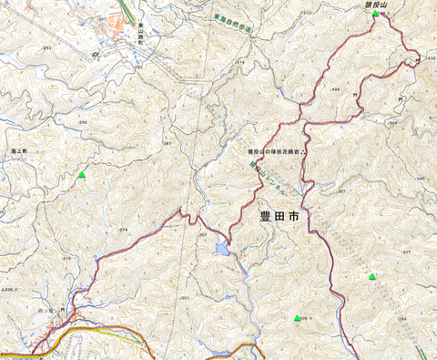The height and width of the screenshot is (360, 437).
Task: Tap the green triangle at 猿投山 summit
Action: (x=376, y=13)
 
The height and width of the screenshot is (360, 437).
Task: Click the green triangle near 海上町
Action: (x=82, y=174)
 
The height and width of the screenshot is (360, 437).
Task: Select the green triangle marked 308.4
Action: (x=298, y=317)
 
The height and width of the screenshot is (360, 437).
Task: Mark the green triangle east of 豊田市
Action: (x=371, y=276)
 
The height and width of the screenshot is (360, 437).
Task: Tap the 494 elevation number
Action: (x=334, y=89)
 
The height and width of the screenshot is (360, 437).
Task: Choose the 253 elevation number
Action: (x=46, y=46)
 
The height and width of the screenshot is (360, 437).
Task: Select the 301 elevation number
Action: (x=185, y=298)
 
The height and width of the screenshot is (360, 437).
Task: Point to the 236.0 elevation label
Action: (x=13, y=290)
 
